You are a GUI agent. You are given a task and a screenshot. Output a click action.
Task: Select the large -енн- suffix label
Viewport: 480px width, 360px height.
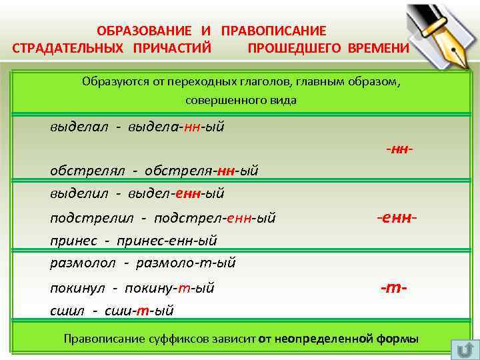(397, 217)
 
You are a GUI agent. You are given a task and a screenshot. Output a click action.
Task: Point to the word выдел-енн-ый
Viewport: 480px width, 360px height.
(176, 193)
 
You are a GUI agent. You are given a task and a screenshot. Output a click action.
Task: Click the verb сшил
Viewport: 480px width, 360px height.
(66, 310)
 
